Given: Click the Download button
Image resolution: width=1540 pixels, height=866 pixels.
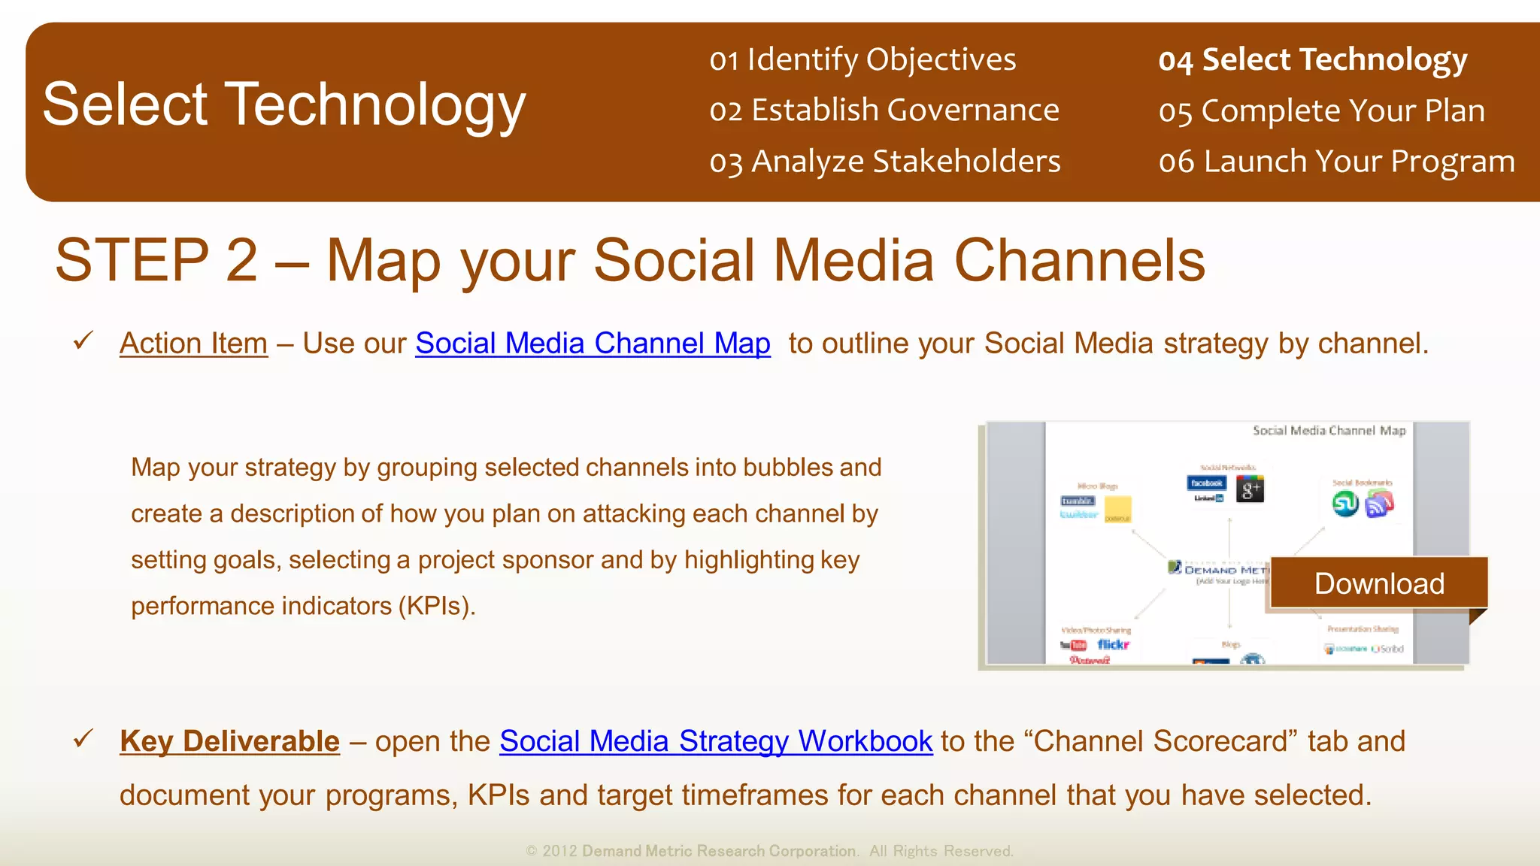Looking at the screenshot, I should tap(1378, 583).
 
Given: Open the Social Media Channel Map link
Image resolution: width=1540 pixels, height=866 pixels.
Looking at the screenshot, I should tap(593, 344).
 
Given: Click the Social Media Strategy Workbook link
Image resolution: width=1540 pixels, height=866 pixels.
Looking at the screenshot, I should tap(715, 741).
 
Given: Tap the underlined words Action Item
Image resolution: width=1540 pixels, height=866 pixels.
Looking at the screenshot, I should tap(193, 344).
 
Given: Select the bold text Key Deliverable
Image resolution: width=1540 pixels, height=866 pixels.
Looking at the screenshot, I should tap(229, 741).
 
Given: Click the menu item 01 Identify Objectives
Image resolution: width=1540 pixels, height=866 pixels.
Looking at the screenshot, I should tap(862, 59).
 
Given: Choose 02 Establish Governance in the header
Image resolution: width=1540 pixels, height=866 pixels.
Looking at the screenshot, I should tap(884, 111).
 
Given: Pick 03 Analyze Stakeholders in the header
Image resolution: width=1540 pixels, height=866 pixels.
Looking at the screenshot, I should tap(885, 162).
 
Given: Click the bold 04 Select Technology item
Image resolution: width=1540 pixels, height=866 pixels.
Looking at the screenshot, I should tap(1312, 59).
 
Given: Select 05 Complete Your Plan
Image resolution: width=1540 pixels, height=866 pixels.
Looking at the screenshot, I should tap(1321, 111).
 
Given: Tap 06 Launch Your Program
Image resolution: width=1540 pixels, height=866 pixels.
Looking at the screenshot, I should tap(1336, 162).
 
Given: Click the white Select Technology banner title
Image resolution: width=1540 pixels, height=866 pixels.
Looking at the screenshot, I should tap(284, 104).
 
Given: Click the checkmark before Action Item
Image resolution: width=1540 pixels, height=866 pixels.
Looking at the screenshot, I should tap(83, 341).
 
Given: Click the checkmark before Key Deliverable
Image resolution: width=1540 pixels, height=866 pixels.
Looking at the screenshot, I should tap(83, 738).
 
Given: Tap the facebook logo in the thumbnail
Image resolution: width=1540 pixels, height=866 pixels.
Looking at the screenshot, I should tap(1206, 483).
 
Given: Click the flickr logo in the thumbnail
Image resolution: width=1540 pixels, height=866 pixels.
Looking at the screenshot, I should tap(1113, 644).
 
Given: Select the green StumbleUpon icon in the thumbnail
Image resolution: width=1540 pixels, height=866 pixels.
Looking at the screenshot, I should tap(1345, 504).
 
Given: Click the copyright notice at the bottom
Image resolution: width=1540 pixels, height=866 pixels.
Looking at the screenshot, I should tap(769, 851).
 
